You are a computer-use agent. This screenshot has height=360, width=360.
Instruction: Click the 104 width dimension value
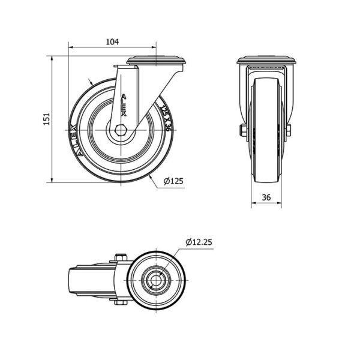(112, 42)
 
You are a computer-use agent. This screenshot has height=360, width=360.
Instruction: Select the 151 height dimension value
(47, 119)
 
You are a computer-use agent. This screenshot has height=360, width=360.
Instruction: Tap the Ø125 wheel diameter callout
(173, 181)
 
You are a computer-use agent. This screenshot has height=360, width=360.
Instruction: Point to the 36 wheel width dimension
(266, 197)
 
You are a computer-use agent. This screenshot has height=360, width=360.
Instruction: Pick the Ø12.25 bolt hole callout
(199, 242)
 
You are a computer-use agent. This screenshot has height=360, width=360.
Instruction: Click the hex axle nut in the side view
(121, 130)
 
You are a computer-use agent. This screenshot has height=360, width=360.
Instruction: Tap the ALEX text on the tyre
(77, 140)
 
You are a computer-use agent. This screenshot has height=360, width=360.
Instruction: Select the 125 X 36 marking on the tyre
(166, 118)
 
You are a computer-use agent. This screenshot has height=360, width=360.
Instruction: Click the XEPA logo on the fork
(124, 105)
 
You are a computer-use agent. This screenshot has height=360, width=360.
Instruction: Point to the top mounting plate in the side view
(156, 60)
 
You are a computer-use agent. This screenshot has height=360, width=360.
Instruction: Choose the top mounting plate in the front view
(266, 60)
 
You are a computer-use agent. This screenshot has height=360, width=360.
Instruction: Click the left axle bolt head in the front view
(243, 130)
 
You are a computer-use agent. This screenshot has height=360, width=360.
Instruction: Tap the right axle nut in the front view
(289, 130)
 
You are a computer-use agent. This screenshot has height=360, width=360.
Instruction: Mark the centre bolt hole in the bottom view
(156, 280)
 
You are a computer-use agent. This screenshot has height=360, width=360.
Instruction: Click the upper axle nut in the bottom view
(121, 257)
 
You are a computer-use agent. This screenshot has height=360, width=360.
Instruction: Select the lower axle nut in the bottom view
(121, 302)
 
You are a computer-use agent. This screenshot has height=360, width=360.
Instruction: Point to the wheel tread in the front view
(266, 130)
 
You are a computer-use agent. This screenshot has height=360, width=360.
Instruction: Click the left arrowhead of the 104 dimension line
(71, 47)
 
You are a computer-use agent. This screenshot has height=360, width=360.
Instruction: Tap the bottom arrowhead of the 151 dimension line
(52, 180)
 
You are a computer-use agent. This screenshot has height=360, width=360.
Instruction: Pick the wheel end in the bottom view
(92, 280)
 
